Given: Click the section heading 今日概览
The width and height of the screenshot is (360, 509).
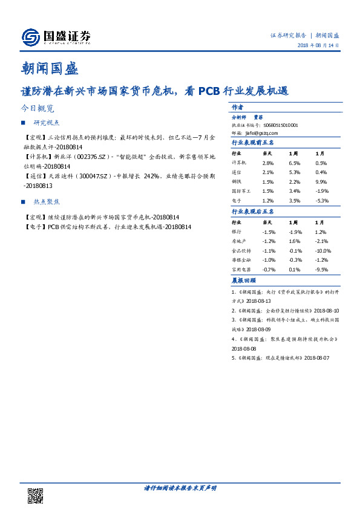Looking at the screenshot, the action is (x=37, y=109).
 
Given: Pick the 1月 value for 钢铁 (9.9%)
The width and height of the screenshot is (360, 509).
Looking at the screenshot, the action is (x=321, y=181).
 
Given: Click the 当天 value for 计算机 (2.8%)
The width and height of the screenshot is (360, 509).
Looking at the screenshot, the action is (x=268, y=163).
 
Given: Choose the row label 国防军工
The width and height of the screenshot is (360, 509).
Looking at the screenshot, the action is (x=241, y=190).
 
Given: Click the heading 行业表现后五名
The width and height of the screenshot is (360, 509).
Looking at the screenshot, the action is (x=253, y=212).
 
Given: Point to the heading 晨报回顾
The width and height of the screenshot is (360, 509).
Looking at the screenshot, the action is (x=243, y=280).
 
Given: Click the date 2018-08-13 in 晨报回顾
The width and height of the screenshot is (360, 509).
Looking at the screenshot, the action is (x=258, y=300).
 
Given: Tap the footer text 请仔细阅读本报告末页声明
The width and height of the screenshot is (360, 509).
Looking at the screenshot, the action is (x=180, y=487).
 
